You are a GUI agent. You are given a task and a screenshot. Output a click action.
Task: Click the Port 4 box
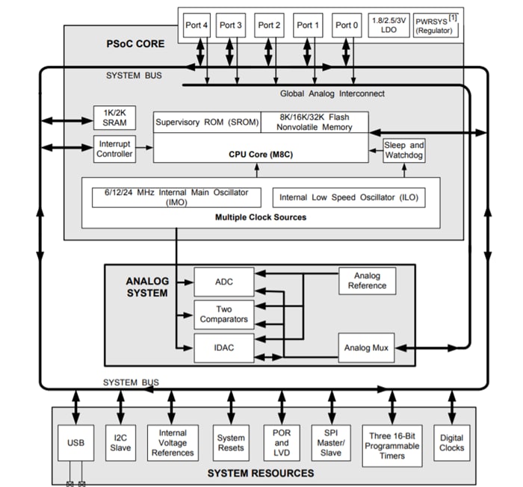(x=197, y=25)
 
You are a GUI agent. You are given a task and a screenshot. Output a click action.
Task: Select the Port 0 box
(x=347, y=25)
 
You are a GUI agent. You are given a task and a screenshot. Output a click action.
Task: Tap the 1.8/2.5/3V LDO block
(x=389, y=25)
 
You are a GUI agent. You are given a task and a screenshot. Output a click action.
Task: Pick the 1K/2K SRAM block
(x=114, y=117)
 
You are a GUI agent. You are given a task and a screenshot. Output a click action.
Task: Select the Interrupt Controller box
(x=114, y=149)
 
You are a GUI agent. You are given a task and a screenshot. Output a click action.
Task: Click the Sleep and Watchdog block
(x=404, y=150)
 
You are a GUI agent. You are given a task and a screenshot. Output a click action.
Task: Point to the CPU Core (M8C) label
(x=260, y=154)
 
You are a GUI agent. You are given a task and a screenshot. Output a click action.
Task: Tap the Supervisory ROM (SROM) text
(x=206, y=122)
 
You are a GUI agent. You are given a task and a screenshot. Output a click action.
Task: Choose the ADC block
(x=224, y=282)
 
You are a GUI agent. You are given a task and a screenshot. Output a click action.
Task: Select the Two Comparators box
(x=224, y=314)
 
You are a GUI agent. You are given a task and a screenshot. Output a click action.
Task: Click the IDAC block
(x=224, y=347)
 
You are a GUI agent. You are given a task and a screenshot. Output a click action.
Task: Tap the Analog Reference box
(x=367, y=280)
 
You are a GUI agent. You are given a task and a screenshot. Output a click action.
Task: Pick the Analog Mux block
(x=367, y=348)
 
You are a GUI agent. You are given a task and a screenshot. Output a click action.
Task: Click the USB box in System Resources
(x=75, y=443)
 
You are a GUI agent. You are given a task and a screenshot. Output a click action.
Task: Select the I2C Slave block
(x=120, y=443)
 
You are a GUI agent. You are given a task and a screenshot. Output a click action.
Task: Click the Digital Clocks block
(x=451, y=443)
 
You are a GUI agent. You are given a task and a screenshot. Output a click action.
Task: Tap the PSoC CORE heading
(x=135, y=43)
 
